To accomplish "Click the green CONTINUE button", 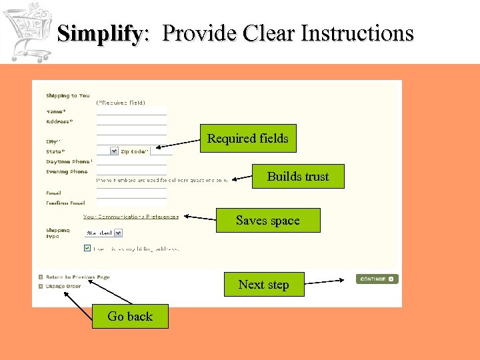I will tap(377, 279).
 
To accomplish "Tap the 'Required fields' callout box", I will tap(248, 139).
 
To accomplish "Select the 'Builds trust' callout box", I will tap(298, 177).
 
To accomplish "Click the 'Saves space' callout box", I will tap(268, 221).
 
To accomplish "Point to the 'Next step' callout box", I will tap(264, 285).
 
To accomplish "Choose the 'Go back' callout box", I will tap(130, 317).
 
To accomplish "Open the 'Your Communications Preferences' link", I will tap(131, 217).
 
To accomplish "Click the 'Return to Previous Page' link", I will tap(77, 277).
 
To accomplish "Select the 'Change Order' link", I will tap(63, 286).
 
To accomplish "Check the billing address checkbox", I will tap(87, 248).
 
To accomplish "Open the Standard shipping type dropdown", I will tap(103, 233).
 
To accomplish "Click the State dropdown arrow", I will tap(114, 151).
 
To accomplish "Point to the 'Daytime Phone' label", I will tap(68, 161).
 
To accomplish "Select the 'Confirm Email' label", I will tap(65, 203).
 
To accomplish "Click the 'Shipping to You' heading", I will tap(67, 95).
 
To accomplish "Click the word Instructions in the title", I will tap(357, 33).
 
